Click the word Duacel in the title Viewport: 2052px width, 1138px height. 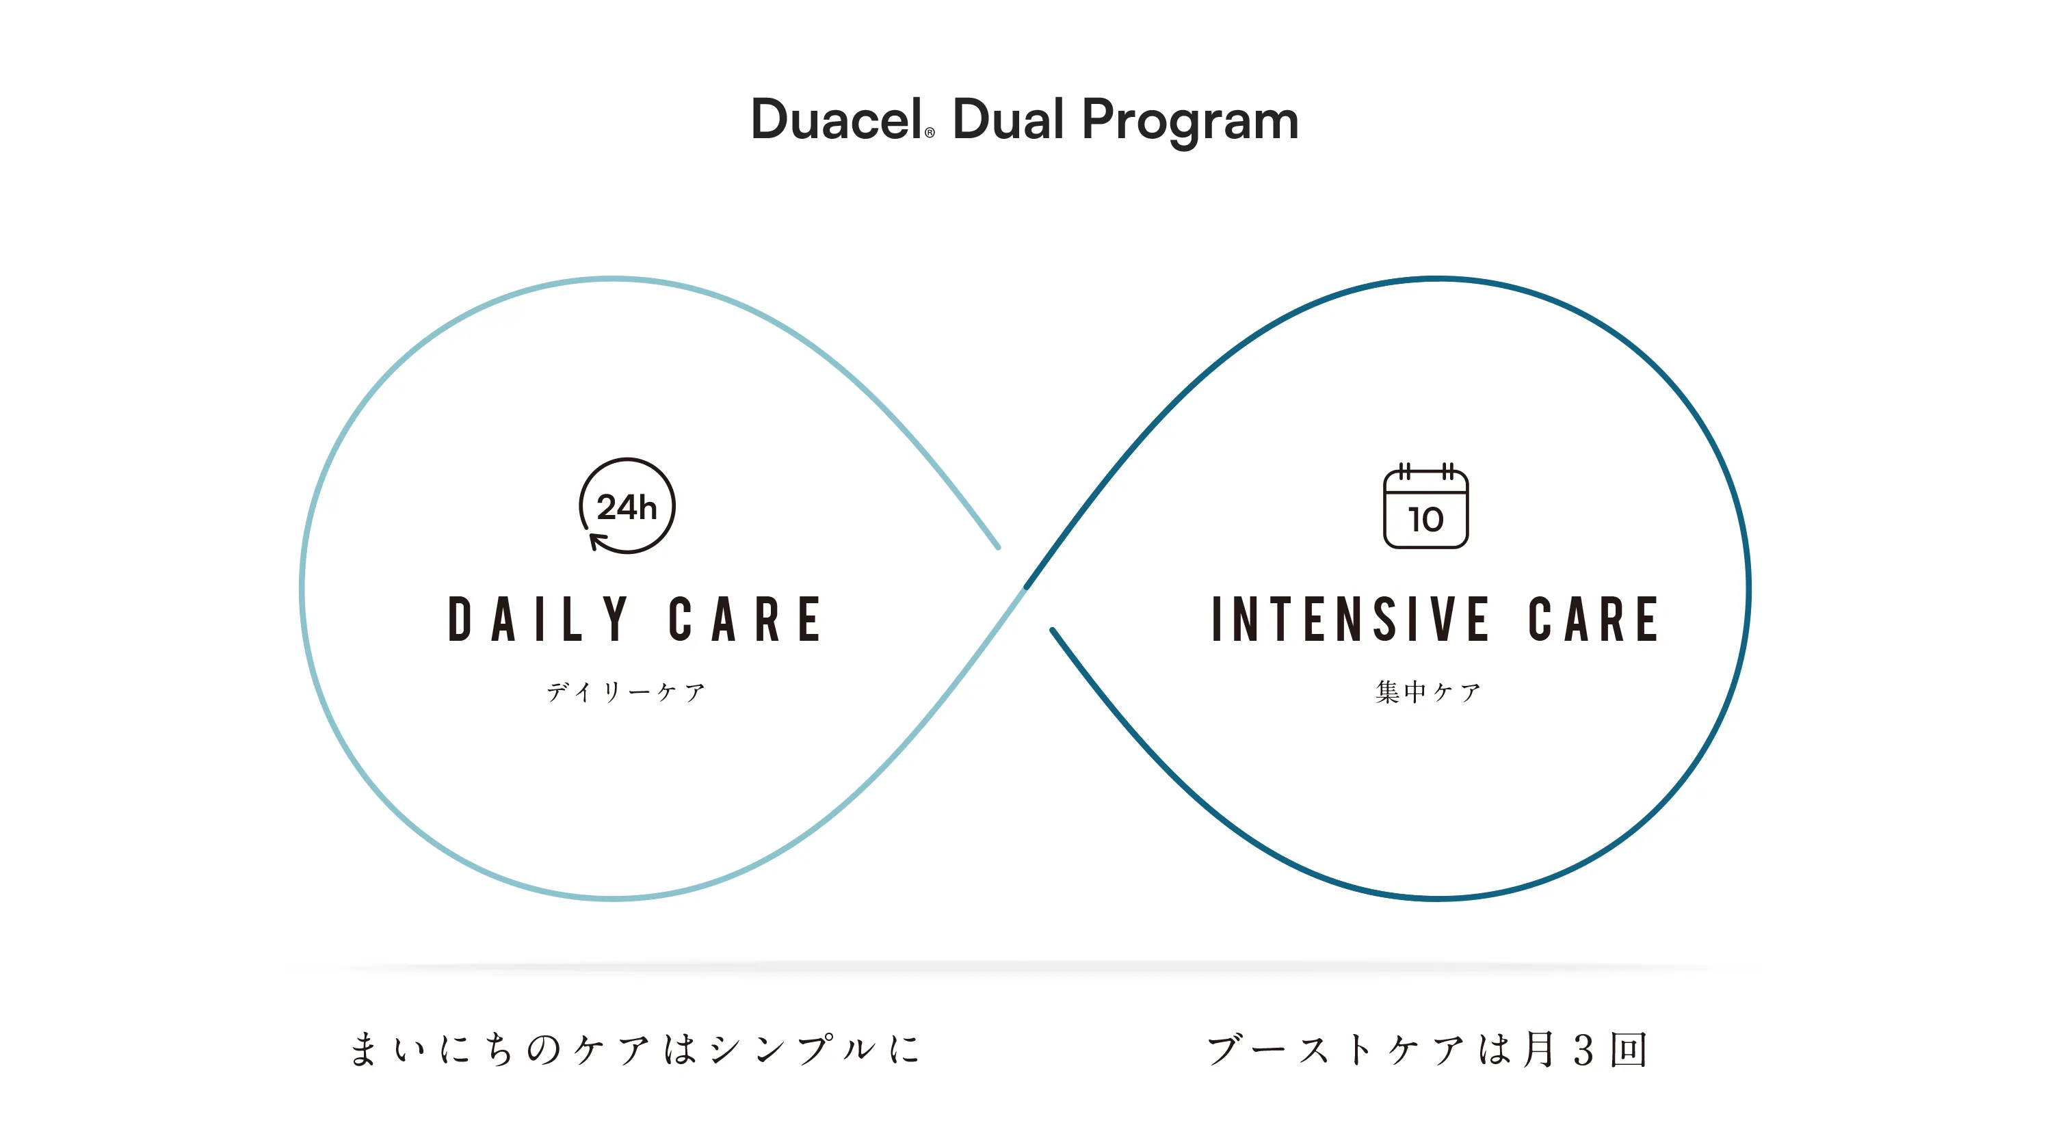(x=837, y=120)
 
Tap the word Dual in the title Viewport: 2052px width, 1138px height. (x=1008, y=120)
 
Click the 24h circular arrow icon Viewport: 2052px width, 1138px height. (x=627, y=505)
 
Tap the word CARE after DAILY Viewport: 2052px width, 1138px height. (x=745, y=620)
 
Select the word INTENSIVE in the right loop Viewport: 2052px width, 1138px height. (x=1350, y=620)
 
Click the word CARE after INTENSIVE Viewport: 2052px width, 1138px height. (x=1593, y=620)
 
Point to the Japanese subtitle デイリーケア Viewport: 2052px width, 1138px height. (x=626, y=691)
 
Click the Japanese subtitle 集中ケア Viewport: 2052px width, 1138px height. (x=1428, y=691)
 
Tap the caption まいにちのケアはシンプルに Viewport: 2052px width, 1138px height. (x=635, y=1049)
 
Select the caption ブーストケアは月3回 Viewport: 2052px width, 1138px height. (x=1427, y=1049)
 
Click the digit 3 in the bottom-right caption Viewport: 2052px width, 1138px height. (x=1583, y=1050)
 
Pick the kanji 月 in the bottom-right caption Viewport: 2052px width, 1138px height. (x=1539, y=1049)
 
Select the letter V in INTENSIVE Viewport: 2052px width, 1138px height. (x=1441, y=620)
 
